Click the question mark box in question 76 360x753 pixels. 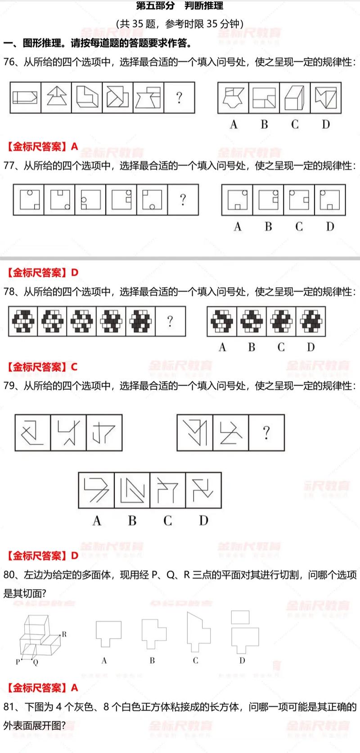coord(179,97)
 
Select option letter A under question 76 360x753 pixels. coord(234,125)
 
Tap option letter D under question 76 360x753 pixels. coord(326,125)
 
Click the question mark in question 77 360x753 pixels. coord(183,199)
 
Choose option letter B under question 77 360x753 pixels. coord(268,226)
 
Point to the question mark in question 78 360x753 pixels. coord(170,321)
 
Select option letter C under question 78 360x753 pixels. coord(281,347)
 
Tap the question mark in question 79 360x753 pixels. coord(266,433)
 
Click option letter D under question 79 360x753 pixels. coord(203,521)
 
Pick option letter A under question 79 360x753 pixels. coord(97,521)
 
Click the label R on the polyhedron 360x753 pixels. coord(64,634)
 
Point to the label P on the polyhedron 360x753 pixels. coord(18,662)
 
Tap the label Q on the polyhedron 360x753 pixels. coord(36,663)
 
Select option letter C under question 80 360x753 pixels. coord(195,661)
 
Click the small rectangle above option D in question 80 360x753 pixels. coord(240,617)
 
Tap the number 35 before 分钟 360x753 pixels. coord(212,24)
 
